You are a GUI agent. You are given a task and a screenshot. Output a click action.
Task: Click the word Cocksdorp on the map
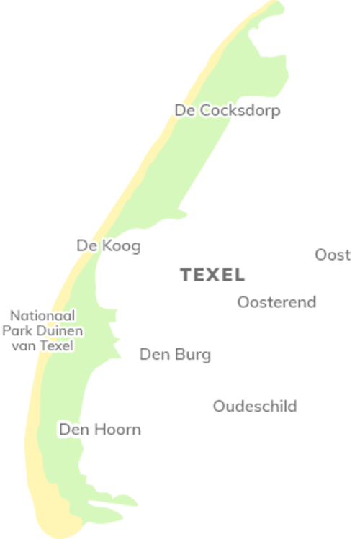point(239,111)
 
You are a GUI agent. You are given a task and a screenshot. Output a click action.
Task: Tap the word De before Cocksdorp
point(184,111)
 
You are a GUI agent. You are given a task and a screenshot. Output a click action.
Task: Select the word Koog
point(121,246)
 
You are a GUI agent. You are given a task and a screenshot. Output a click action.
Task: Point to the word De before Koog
point(86,246)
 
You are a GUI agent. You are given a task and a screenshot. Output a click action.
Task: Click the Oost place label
point(333,255)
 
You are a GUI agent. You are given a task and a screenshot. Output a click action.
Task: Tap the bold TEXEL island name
point(212,275)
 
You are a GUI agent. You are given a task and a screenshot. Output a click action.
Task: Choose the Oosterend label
point(276,302)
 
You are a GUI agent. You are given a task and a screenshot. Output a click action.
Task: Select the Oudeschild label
point(255,407)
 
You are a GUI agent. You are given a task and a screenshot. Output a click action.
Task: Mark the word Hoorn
point(117,430)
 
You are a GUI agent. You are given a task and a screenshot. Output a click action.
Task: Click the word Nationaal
point(42,316)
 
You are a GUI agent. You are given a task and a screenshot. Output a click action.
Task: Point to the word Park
point(17,331)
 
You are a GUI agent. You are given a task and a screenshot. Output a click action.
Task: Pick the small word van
point(22,346)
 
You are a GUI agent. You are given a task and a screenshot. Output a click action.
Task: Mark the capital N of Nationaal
point(14,316)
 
